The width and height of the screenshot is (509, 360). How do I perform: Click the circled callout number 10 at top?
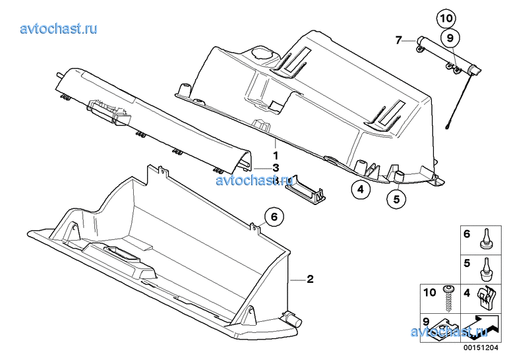pos(446,18)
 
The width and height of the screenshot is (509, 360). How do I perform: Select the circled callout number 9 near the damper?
pos(450,38)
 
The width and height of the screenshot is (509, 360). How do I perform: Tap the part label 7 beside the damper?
pos(398,40)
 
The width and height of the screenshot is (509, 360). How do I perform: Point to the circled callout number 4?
pos(361,189)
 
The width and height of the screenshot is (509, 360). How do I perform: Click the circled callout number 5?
pos(396,199)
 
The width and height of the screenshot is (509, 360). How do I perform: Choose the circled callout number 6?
pos(274,216)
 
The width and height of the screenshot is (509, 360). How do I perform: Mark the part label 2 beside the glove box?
pos(311,279)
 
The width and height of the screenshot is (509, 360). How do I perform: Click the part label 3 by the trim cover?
pos(276,168)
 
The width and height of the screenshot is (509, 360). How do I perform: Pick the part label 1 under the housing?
pos(276,156)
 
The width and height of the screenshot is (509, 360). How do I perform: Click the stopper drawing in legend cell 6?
pos(485,239)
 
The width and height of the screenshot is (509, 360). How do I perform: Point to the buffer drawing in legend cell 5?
pos(486,270)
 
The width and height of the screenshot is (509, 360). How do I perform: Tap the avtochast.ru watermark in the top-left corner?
pos(59,29)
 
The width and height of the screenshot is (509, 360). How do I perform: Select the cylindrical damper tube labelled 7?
pos(448,55)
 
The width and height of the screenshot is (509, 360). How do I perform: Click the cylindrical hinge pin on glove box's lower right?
pos(292,320)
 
